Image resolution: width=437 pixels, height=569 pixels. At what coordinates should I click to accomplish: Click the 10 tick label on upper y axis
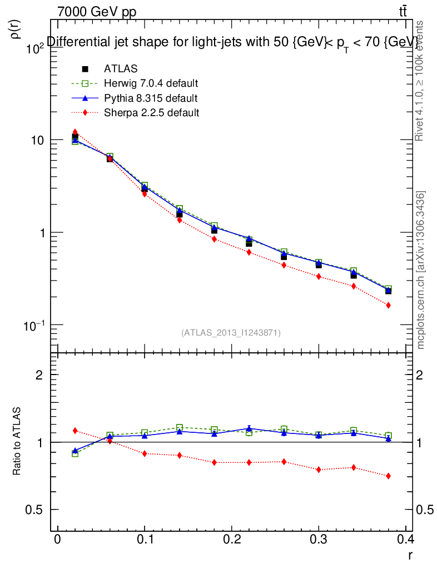coord(37,140)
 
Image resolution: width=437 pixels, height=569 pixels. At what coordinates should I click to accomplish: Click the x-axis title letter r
coord(410,555)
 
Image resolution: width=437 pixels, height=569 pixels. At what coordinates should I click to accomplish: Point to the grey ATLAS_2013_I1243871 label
coord(231,333)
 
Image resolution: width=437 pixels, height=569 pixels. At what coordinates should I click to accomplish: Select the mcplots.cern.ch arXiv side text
coord(421,269)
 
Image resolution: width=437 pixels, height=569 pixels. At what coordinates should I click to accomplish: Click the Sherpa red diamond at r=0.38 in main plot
coord(388,305)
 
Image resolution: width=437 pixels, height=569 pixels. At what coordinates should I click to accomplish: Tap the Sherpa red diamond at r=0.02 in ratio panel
coord(75,431)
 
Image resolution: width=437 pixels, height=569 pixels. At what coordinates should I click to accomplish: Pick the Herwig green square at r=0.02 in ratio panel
coord(75,453)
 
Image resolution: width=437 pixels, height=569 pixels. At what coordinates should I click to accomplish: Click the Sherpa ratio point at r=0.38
coord(388,476)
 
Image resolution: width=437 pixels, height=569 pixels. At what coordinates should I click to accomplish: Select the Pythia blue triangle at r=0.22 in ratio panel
coord(249,428)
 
